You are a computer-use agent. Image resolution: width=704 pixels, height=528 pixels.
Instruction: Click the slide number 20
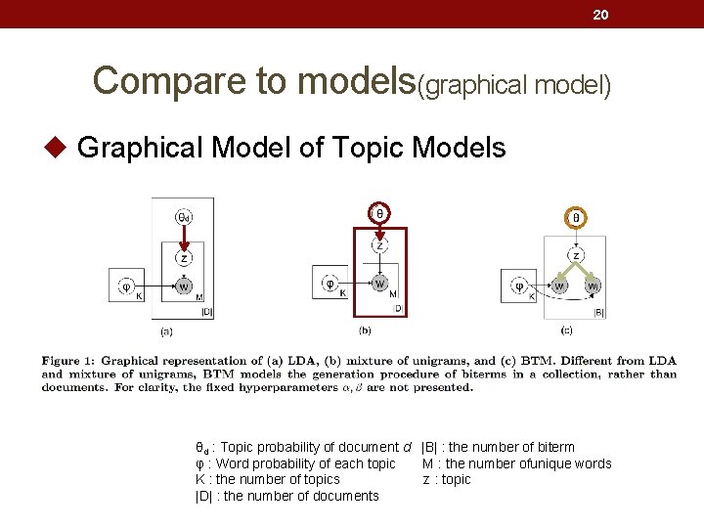[602, 14]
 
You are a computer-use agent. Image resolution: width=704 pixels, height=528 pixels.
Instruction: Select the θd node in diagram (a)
[183, 217]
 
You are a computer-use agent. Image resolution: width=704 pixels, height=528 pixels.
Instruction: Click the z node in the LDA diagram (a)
[183, 258]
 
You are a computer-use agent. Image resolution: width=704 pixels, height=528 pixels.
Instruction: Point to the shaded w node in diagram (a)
[183, 286]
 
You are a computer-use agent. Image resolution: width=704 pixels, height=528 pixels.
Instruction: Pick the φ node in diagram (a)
[126, 286]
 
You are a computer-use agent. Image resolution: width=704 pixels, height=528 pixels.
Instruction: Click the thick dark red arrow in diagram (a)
[183, 238]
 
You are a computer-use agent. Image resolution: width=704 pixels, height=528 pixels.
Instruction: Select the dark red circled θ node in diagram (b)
[379, 212]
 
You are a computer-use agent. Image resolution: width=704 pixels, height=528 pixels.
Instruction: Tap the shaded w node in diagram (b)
[379, 284]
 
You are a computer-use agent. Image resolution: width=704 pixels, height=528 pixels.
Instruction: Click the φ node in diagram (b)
[330, 283]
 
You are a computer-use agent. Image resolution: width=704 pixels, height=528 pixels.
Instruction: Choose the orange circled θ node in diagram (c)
[576, 218]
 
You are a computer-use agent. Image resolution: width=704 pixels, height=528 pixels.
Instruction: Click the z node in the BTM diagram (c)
[576, 256]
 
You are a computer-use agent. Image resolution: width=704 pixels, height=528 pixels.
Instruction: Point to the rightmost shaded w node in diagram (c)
[594, 286]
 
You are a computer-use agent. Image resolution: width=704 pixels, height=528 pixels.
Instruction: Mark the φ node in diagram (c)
[519, 286]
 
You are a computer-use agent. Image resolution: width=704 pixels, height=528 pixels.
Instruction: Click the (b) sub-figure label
[365, 330]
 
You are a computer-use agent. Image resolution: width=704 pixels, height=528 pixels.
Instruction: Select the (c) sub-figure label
[566, 330]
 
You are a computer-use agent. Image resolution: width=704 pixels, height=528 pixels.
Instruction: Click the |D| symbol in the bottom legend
[204, 496]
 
